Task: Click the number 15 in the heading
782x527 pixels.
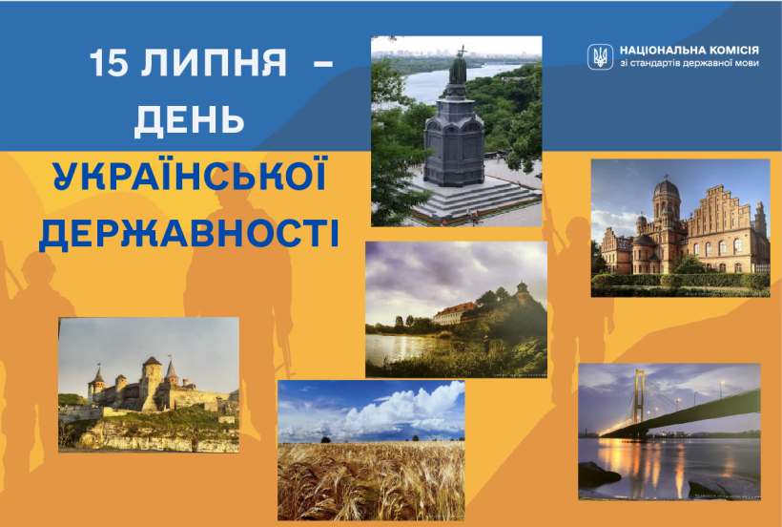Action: click(109, 63)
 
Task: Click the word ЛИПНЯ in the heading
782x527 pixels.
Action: click(213, 63)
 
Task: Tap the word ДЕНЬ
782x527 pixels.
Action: click(189, 120)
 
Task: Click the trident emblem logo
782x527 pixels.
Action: click(600, 56)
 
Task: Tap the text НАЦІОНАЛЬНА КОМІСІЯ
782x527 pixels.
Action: click(689, 51)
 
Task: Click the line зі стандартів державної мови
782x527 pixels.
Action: click(689, 63)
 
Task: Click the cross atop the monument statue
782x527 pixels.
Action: click(462, 51)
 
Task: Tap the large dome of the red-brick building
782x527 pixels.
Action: click(666, 190)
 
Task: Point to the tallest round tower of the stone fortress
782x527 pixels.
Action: click(153, 382)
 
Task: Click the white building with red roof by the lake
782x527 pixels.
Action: click(455, 313)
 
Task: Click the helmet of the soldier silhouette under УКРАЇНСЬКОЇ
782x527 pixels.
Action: click(236, 195)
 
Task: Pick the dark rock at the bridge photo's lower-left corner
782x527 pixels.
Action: click(599, 474)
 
